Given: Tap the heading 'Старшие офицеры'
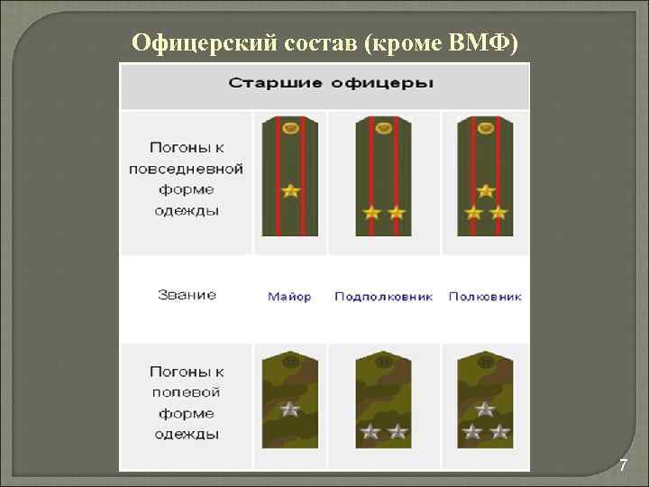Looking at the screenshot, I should tap(331, 84).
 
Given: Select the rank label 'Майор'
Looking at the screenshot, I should tap(289, 297).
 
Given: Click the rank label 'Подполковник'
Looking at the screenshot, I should tap(383, 297).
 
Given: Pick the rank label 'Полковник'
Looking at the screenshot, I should tap(485, 297).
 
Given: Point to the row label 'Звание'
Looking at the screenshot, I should tap(187, 295).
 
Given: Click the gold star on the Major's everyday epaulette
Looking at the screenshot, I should tap(289, 190).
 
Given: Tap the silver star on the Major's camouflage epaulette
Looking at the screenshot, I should tap(289, 409).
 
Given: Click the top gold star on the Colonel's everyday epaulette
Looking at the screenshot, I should tap(486, 190).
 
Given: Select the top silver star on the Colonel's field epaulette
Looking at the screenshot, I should tap(486, 409).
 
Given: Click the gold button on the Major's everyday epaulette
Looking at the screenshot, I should tap(289, 129).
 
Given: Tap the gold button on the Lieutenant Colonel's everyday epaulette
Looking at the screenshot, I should tap(384, 129).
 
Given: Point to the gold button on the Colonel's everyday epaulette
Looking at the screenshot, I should tap(486, 129).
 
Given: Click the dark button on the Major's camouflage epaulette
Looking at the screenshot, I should tap(289, 361).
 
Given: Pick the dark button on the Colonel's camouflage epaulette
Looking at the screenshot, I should tap(486, 361).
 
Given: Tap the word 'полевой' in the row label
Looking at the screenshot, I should tap(187, 392).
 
